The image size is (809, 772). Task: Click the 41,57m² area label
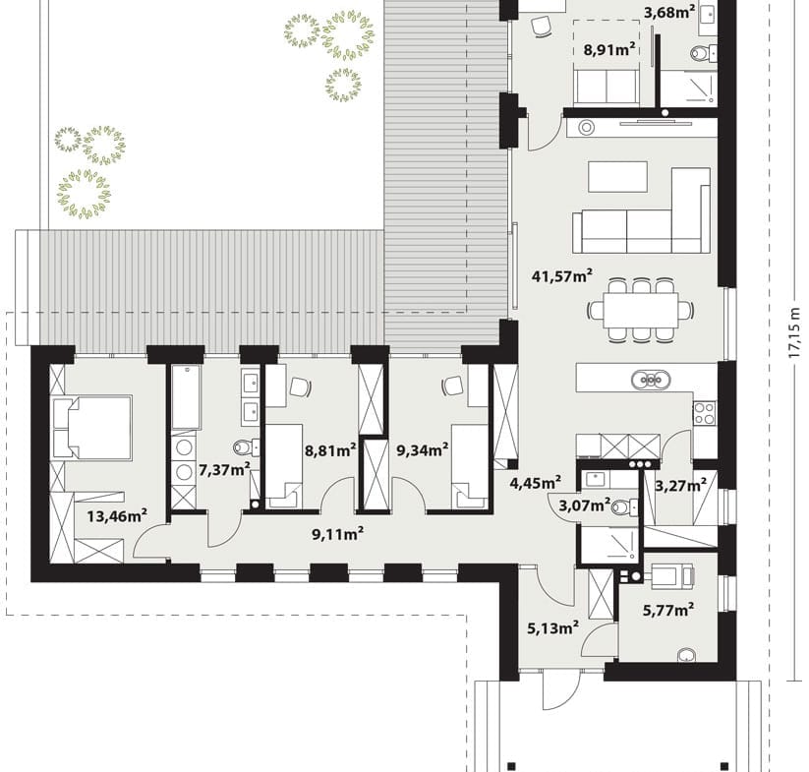tap(562, 276)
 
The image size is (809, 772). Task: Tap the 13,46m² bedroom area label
tap(117, 515)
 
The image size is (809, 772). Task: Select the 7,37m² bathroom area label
tap(224, 470)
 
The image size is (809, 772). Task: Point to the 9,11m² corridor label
tap(338, 534)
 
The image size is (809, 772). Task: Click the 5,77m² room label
tap(668, 610)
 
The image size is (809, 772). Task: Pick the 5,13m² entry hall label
tap(552, 627)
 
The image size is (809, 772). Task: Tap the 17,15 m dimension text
tap(794, 333)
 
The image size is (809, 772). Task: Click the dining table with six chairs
tap(640, 310)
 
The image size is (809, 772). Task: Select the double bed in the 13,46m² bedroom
tap(91, 427)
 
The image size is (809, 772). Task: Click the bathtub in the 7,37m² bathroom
tap(186, 397)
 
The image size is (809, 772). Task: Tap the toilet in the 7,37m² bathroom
tap(246, 446)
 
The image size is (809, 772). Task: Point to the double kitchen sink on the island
tap(651, 380)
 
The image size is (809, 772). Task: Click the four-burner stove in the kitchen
tap(704, 413)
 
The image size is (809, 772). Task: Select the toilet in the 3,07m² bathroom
tap(624, 507)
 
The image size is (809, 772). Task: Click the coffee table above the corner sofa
tap(618, 176)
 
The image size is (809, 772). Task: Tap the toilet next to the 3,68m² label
tap(703, 53)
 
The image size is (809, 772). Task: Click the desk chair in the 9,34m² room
tap(452, 386)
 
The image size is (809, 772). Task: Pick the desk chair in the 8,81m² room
tap(301, 386)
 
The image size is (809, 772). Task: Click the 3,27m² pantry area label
tap(680, 486)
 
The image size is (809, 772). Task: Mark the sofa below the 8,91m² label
tap(607, 88)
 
